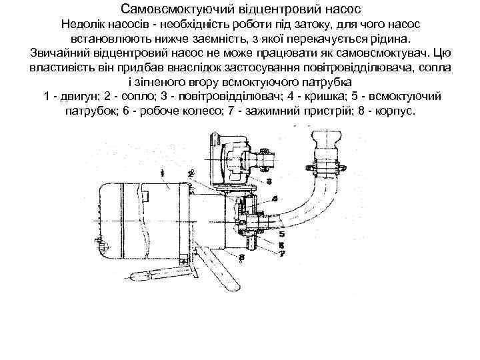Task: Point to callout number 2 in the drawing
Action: point(191,173)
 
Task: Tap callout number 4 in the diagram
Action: point(275,199)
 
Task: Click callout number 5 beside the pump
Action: point(281,235)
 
